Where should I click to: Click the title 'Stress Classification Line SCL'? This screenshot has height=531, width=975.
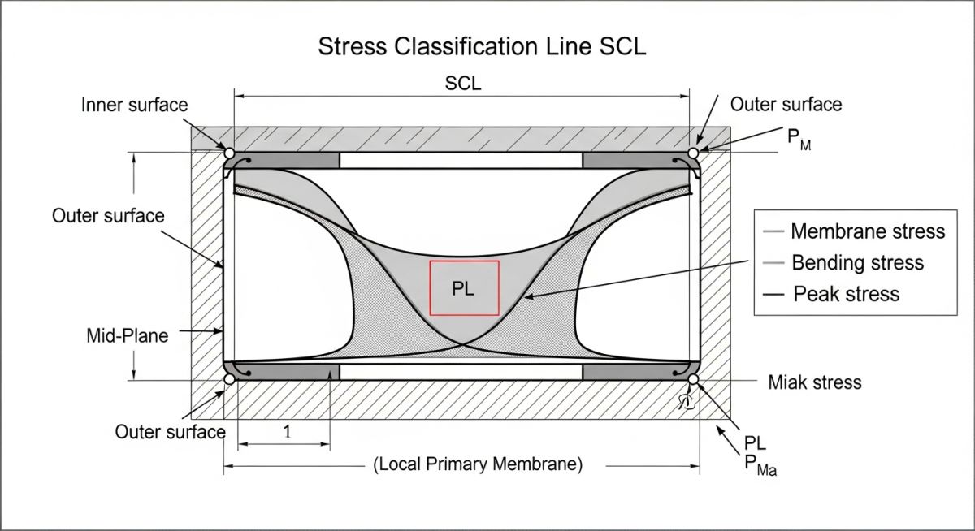pos(482,46)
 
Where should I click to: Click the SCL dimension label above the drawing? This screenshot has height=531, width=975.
pos(463,84)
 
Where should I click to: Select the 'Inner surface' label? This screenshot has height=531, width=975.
pos(134,105)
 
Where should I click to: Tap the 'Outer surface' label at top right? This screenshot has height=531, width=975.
pos(786,104)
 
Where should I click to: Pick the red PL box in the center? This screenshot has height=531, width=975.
pos(464,288)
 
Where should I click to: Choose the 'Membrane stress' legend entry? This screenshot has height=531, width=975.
pos(867,231)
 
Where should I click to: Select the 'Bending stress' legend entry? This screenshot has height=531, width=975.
pos(856,262)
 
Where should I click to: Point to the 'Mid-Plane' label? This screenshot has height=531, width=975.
pos(128,335)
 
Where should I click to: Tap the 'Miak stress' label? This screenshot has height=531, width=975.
pos(815,382)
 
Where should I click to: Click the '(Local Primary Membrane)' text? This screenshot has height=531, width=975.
pos(479,464)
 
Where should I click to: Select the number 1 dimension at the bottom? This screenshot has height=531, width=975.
pos(286,432)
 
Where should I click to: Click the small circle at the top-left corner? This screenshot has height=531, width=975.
pos(229,153)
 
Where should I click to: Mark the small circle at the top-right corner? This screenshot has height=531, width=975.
pos(693,153)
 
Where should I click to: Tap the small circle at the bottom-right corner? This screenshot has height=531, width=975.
pos(693,379)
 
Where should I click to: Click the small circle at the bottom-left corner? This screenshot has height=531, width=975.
pos(229,379)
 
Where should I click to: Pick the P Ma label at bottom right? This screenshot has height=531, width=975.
pos(760,464)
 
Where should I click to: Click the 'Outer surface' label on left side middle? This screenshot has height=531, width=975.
pos(108,216)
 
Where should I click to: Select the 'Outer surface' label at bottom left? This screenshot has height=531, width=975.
pos(170,431)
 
